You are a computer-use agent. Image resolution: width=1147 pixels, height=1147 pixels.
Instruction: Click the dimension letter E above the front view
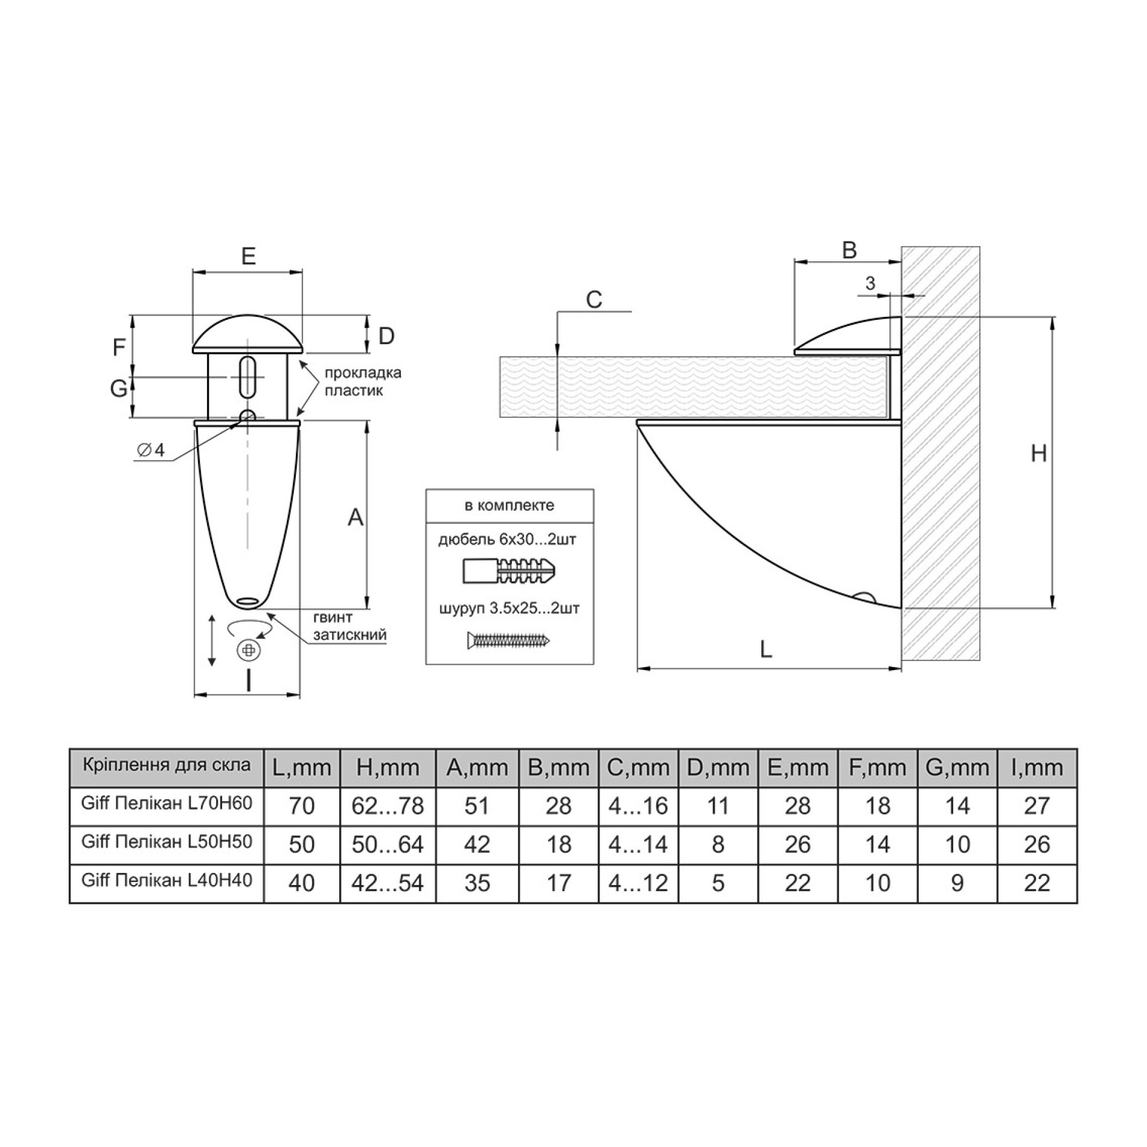coord(248,256)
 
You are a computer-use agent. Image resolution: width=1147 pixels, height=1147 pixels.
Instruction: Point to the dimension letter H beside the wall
coord(1038,453)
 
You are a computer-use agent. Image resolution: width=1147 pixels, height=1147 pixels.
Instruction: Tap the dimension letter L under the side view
coord(765,650)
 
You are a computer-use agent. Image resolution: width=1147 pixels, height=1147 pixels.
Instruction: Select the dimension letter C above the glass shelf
coord(594,299)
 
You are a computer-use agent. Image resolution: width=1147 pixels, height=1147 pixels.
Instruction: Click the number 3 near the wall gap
coord(870,283)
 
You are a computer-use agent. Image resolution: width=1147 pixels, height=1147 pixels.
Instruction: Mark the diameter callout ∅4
coord(151,450)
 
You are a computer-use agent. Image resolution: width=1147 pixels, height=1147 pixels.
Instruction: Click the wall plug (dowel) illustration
coord(510,570)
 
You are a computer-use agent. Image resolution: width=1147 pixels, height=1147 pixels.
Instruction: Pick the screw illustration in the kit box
coord(509,640)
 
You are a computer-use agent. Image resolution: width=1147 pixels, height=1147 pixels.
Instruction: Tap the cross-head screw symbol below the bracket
coord(248,650)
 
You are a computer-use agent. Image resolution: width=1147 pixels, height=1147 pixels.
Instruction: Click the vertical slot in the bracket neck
coord(246,378)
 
